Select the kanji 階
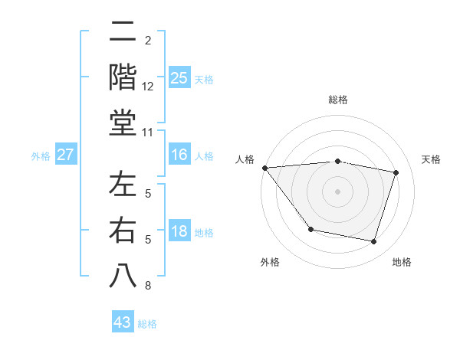pyautogui.click(x=123, y=79)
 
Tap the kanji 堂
pyautogui.click(x=123, y=123)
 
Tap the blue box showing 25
pyautogui.click(x=179, y=78)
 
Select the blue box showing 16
pyautogui.click(x=179, y=155)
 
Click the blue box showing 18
pyautogui.click(x=179, y=232)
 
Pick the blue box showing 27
pyautogui.click(x=66, y=155)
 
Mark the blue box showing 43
pyautogui.click(x=123, y=322)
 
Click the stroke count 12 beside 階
pyautogui.click(x=148, y=87)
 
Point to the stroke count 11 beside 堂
pyautogui.click(x=148, y=133)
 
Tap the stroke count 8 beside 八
pyautogui.click(x=148, y=286)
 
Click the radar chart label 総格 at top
pyautogui.click(x=337, y=100)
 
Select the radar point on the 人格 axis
pyautogui.click(x=264, y=168)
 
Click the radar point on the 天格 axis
pyautogui.click(x=396, y=172)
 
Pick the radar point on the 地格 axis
pyautogui.click(x=373, y=241)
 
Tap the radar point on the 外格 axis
pyautogui.click(x=310, y=229)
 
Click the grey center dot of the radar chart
pyautogui.click(x=337, y=191)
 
